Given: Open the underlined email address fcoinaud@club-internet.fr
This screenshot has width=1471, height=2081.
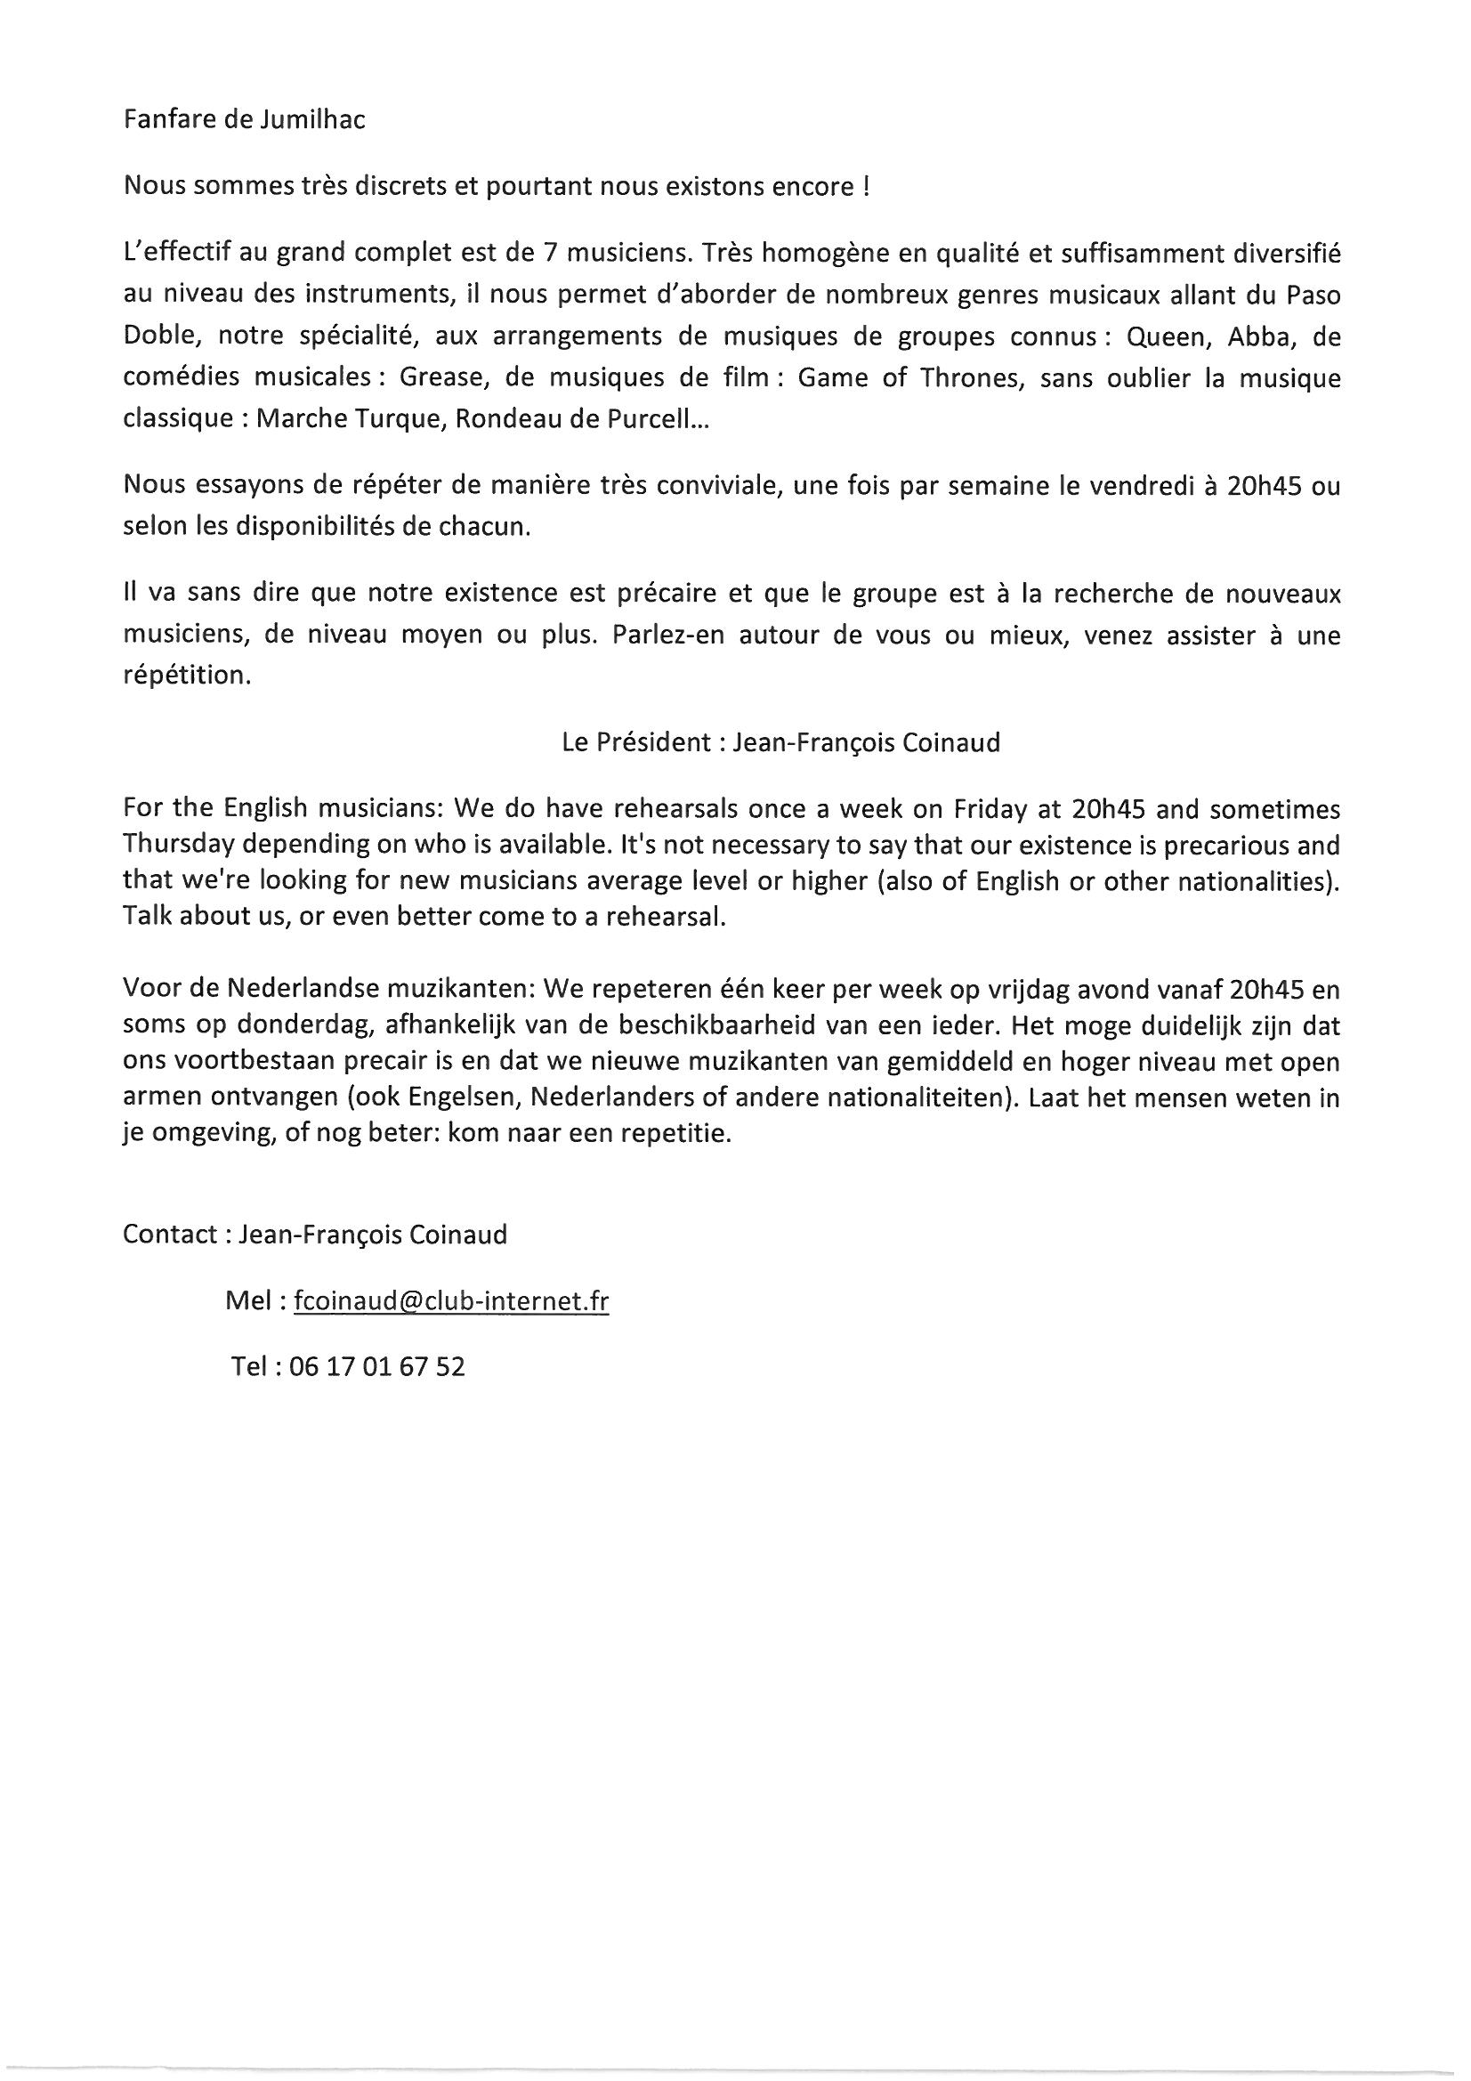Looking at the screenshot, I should pyautogui.click(x=450, y=1302).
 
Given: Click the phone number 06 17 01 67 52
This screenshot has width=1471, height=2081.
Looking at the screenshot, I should pyautogui.click(x=376, y=1367).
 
